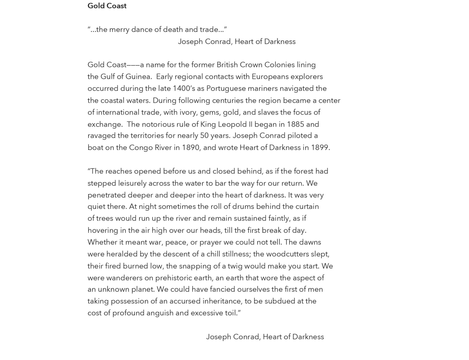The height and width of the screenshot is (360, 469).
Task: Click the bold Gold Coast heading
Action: [107, 6]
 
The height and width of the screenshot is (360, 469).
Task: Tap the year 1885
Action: [295, 124]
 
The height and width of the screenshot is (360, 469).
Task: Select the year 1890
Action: [190, 147]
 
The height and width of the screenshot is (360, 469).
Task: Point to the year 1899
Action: [320, 147]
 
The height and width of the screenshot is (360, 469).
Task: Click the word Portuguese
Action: [226, 88]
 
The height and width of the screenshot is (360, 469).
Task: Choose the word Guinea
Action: [138, 77]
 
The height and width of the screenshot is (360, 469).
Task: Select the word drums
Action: [243, 207]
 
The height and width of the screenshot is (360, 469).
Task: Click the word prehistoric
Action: [173, 278]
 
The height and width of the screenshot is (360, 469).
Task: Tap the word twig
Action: [234, 266]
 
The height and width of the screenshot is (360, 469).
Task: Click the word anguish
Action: [160, 313]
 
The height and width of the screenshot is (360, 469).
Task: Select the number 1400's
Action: [184, 88]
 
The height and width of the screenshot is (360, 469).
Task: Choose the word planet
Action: [143, 289]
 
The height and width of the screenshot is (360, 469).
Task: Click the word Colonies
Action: [279, 65]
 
